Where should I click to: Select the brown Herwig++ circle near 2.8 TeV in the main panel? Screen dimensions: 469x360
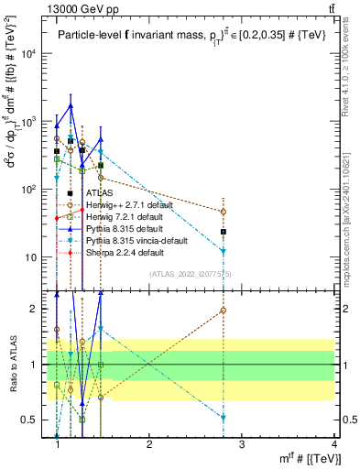click(224, 212)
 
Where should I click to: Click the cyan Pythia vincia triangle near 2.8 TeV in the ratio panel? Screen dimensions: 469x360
click(224, 418)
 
